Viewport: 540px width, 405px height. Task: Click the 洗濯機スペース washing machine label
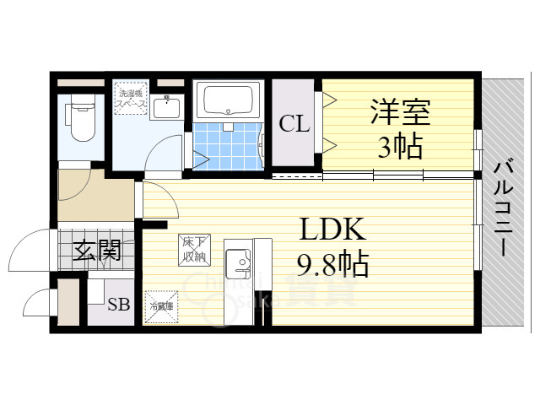[131, 97]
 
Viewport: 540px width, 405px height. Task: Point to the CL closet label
[294, 125]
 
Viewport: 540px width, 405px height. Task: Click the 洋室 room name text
[400, 113]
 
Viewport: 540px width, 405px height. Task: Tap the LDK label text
[331, 231]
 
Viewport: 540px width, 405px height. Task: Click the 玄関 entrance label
[97, 250]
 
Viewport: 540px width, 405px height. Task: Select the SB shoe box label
[118, 305]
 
